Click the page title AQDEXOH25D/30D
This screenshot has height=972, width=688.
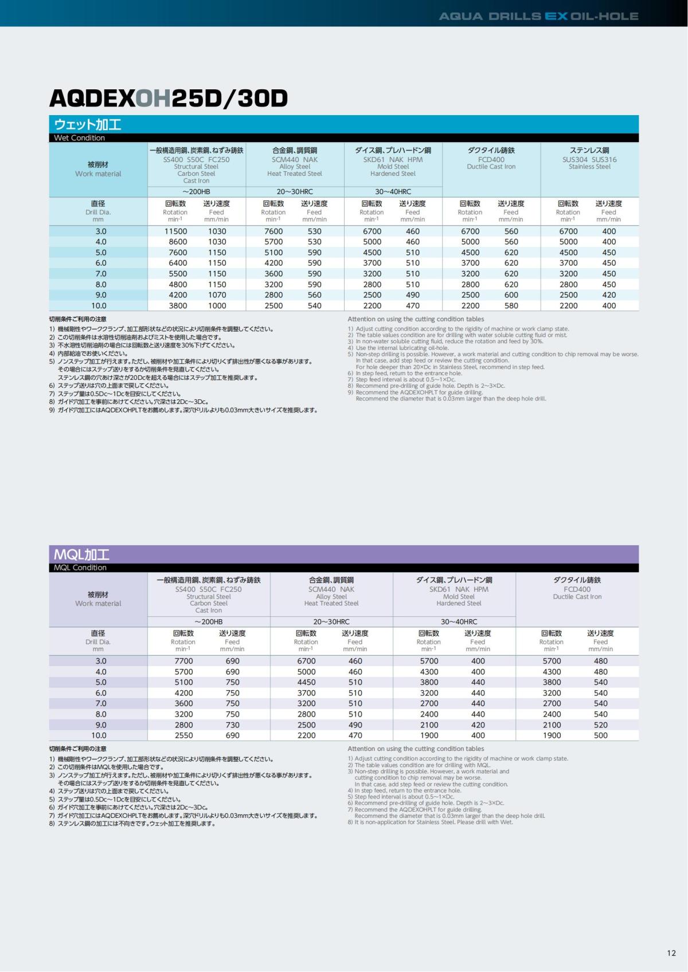pos(169,99)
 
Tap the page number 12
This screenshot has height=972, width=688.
pos(671,953)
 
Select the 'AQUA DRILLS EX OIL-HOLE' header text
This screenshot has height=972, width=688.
pos(538,16)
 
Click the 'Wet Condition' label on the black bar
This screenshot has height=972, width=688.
pos(80,137)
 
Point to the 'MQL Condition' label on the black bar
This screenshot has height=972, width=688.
pos(80,567)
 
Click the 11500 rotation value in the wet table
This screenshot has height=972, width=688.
pos(175,231)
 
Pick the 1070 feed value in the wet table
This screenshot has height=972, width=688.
pos(217,295)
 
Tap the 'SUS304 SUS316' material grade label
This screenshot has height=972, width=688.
pos(589,159)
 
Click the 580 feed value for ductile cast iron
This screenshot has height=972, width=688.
pos(511,306)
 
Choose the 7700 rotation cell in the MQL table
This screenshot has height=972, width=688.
pos(183,661)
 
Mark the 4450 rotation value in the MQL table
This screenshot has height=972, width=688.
pos(306,682)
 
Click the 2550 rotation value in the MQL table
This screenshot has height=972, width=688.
pos(183,735)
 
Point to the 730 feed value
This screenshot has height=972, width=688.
pos(232,725)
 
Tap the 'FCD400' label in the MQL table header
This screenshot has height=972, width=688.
pos(577,589)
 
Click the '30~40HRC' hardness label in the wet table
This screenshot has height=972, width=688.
pos(393,192)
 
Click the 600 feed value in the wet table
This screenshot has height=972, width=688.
pos(511,295)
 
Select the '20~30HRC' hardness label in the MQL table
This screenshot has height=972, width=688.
pos(331,621)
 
